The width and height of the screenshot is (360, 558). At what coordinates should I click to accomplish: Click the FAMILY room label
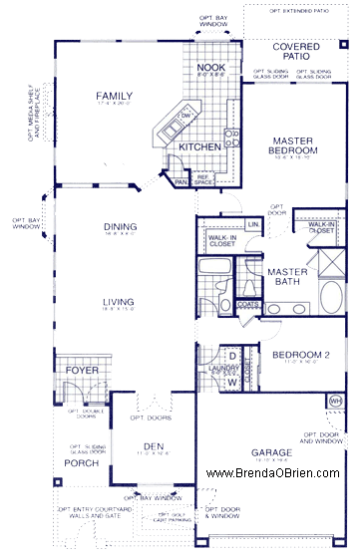115,96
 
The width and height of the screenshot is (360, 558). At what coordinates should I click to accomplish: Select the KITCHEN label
199,146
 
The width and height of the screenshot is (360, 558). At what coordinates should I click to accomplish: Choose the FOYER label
82,372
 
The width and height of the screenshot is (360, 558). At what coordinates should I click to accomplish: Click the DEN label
154,443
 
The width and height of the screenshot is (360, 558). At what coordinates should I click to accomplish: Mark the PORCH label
80,462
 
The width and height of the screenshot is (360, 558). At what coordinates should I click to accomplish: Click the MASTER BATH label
286,276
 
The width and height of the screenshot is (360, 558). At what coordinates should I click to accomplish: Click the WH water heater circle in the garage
335,401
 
